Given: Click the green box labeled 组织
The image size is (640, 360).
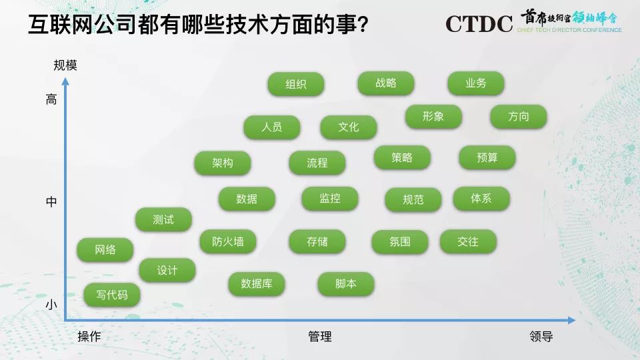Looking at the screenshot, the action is point(296,84).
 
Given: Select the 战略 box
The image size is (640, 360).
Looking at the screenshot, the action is point(386,83).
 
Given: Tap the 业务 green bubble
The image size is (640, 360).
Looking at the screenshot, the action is point(476,83).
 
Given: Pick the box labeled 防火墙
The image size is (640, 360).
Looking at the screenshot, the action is point(228,241).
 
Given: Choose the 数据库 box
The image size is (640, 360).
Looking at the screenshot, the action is point(256,284).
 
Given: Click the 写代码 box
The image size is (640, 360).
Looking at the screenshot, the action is point(112,295).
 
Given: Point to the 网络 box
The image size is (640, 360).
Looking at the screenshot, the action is point(105,249).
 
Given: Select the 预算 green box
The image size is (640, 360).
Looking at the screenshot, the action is point(487,157).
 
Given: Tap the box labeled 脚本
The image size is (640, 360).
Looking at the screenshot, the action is point(346,284).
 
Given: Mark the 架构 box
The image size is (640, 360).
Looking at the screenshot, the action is point(223,163).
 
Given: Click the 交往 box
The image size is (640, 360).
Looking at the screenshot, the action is point(468,241).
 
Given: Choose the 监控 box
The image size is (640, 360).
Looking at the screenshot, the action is point(330,199).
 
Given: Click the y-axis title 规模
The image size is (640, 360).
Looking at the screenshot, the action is point(65,65).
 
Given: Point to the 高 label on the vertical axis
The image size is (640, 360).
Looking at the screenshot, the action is point(51,99).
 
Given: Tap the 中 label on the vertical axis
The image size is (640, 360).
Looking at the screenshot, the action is point(51,201).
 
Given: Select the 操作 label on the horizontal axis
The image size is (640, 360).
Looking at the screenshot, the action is point(89,336).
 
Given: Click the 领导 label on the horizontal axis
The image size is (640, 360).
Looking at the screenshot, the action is point(541,336).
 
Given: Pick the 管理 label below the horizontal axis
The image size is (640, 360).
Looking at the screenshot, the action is point(319,336).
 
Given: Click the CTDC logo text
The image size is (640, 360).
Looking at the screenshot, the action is point(479,24).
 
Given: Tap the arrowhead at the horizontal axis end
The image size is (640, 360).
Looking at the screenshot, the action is point(572,321).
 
